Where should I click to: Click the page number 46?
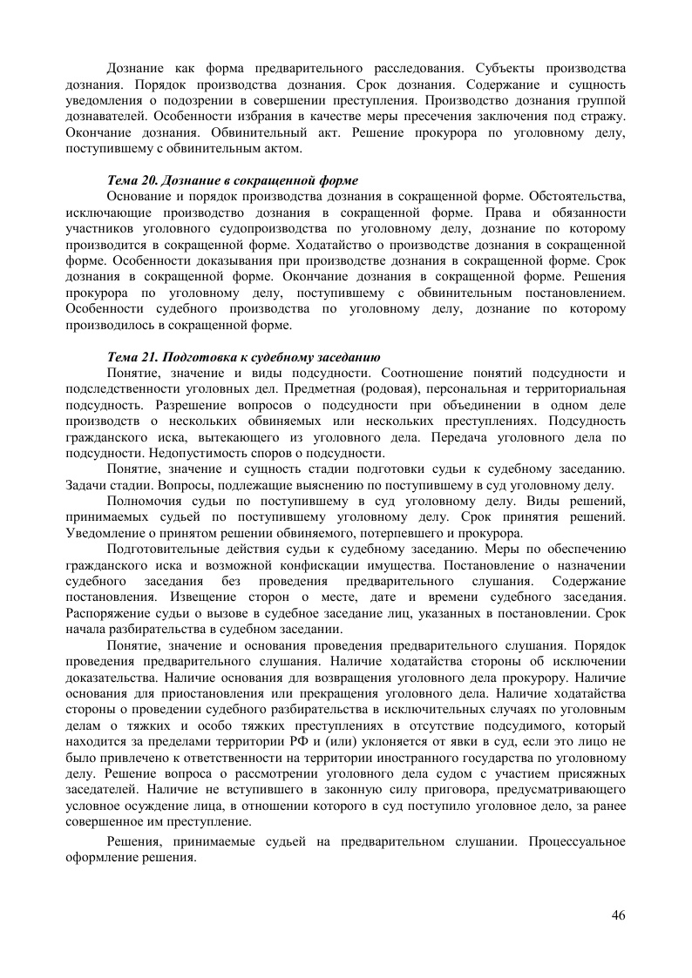(x=619, y=914)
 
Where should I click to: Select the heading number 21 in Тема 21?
(x=146, y=357)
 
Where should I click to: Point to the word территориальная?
(x=570, y=389)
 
